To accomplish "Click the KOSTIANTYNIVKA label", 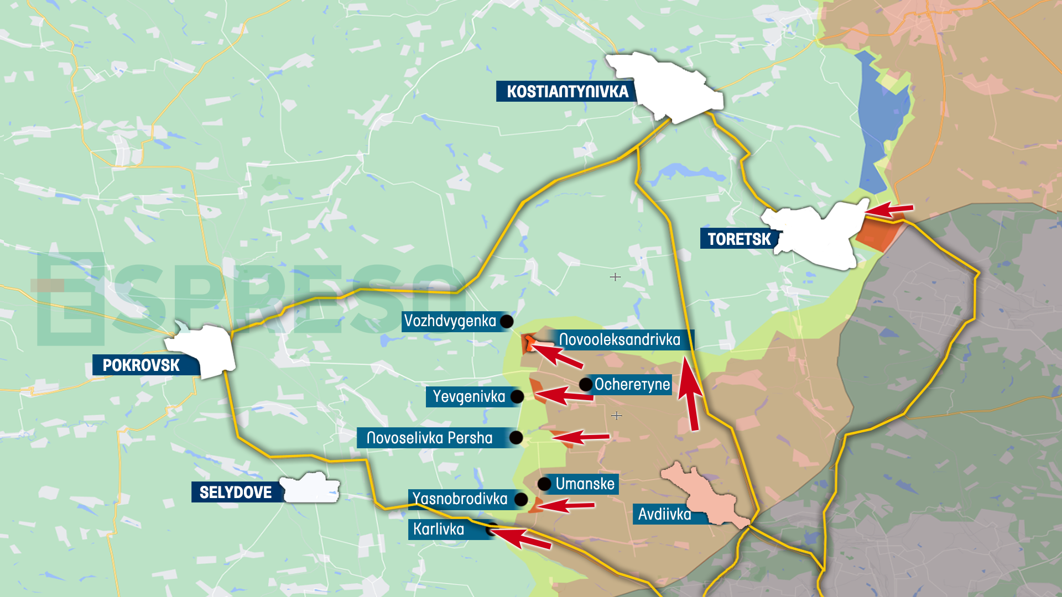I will click(x=567, y=91).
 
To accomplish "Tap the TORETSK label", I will click(x=738, y=239).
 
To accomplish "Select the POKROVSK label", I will click(x=142, y=365).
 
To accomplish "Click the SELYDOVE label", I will click(x=236, y=492).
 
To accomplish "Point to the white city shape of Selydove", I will click(x=311, y=488).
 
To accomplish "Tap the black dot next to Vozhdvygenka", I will click(x=506, y=321).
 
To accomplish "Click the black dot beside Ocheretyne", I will click(x=585, y=384).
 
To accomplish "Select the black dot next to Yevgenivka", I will click(x=517, y=396).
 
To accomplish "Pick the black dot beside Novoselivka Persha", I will click(x=516, y=438).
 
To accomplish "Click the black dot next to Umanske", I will click(x=544, y=484).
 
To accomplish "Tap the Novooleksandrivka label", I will click(x=619, y=339).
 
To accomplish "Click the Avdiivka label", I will click(x=665, y=514).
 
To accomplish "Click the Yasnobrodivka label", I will click(x=460, y=499).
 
